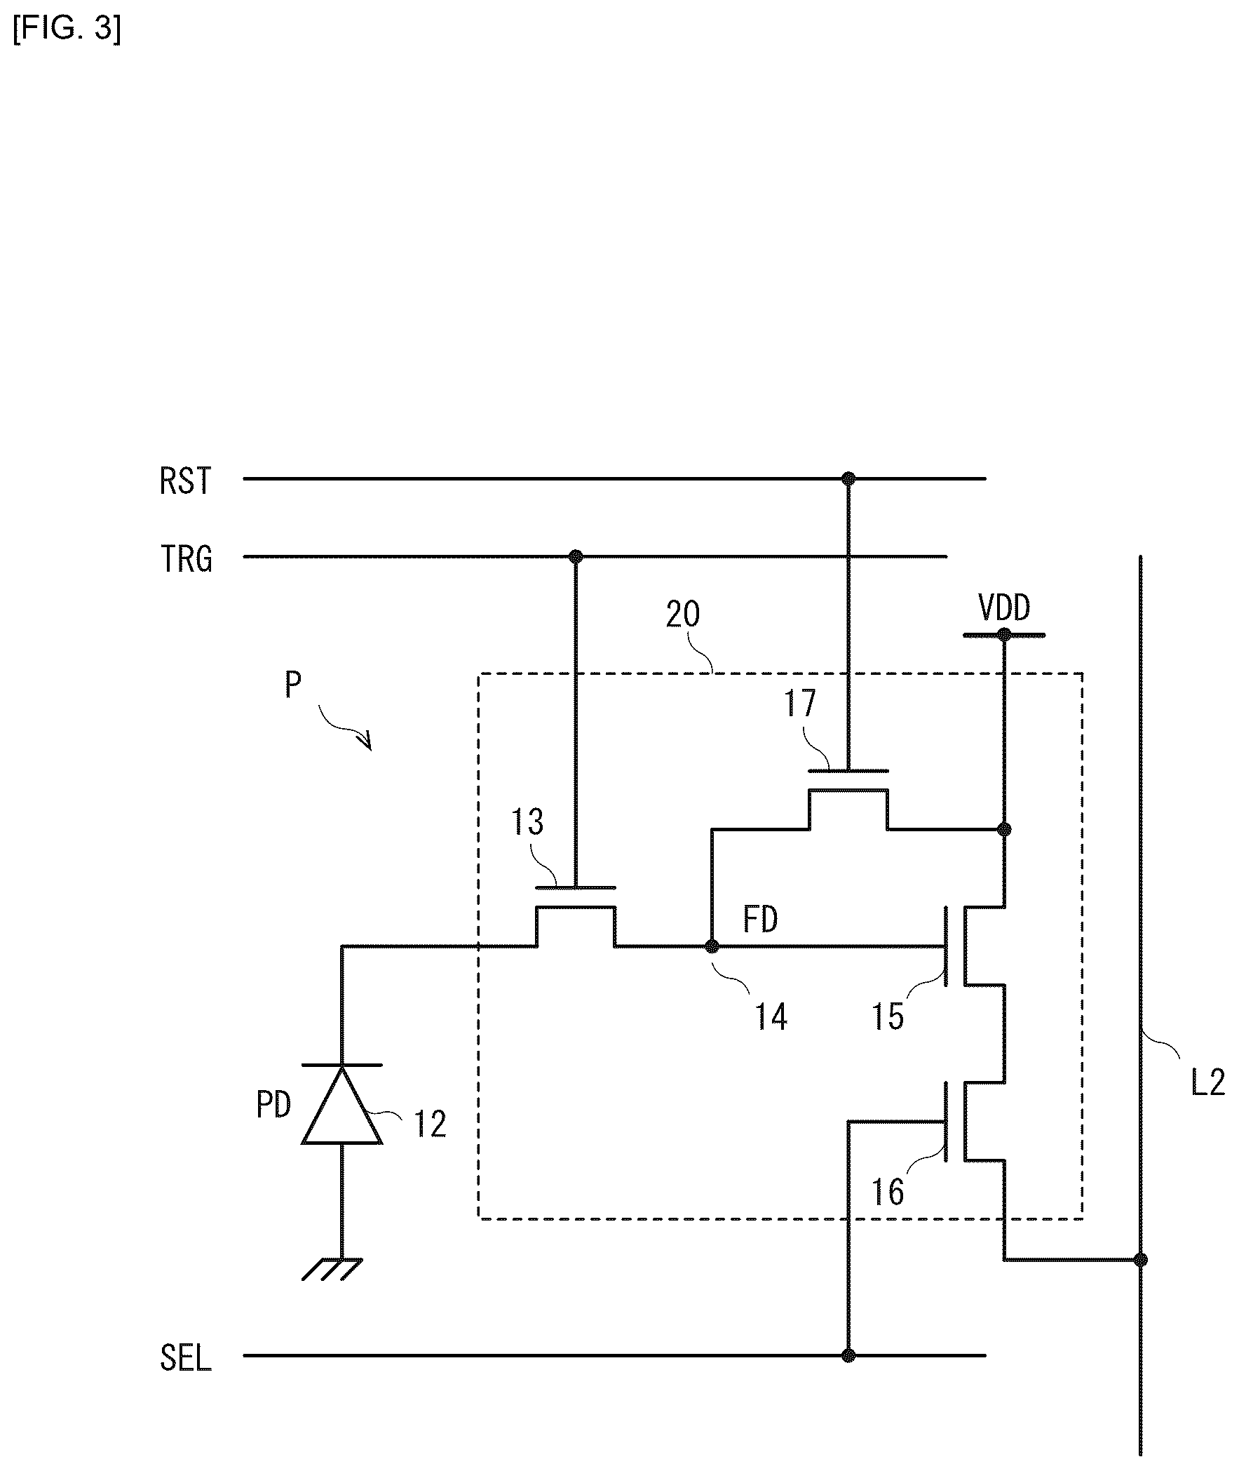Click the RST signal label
185,482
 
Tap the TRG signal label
186,560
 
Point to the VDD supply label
1004,607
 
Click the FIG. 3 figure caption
67,29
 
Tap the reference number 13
527,822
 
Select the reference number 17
800,704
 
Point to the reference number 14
771,1016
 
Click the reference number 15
888,1016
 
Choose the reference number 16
888,1192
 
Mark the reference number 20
683,614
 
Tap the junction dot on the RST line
848,479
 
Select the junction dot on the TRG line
576,557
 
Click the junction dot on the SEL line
848,1356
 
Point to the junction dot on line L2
1141,1260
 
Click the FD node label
761,920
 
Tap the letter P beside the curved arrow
294,684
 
